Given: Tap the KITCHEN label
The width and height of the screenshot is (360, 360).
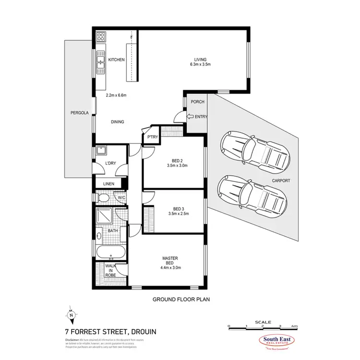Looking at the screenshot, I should click(x=116, y=60).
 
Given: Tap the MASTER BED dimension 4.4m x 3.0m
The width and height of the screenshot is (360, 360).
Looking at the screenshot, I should click(x=171, y=268).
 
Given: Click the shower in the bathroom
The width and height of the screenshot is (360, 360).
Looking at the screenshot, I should click(x=105, y=217).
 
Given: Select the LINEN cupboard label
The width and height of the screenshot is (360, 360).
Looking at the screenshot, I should click(x=109, y=184).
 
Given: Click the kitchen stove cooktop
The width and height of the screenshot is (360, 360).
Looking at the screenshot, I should click(x=101, y=37).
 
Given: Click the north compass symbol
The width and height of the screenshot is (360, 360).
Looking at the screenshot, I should click(x=71, y=314).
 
